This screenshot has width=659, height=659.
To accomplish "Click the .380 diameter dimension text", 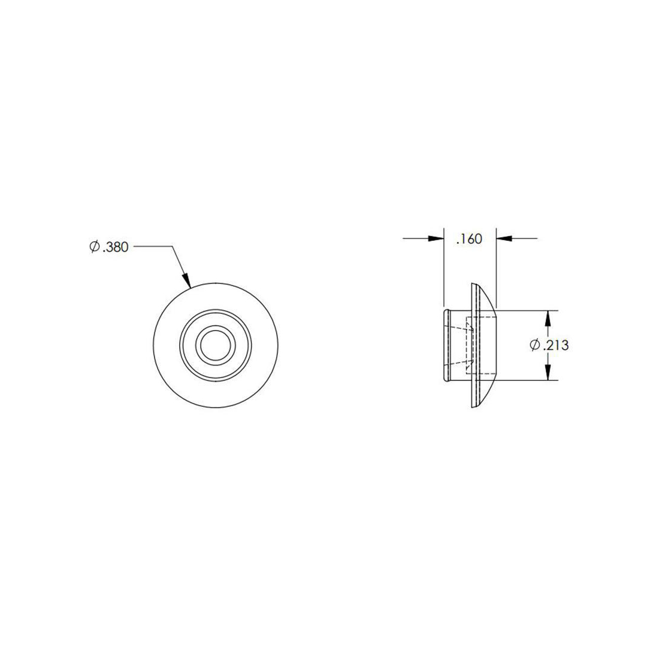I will pos(116,247).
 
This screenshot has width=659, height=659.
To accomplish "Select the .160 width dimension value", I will pos(469,239).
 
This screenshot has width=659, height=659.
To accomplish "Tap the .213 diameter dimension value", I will pos(555,345).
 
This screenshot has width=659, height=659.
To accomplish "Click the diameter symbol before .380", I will pos(94,247).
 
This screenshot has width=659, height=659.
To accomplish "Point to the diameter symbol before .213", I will pos(536,345).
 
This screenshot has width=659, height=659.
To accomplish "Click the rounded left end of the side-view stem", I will pos(446,345).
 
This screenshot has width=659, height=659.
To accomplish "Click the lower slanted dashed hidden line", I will pos(460,362).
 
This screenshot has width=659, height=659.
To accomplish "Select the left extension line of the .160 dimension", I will pos(443,270).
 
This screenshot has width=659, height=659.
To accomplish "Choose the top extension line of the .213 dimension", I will pos(527,310).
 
